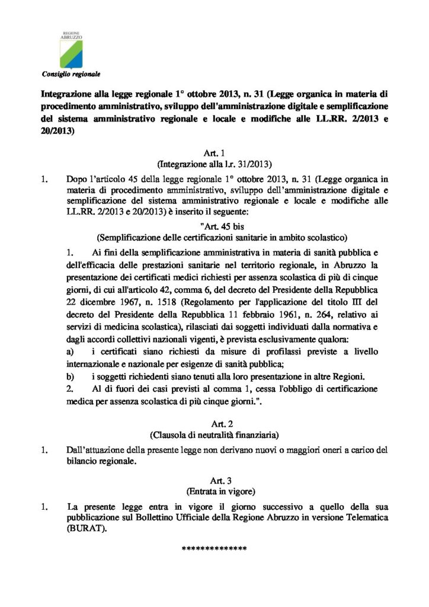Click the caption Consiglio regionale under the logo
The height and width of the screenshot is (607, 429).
tap(71, 74)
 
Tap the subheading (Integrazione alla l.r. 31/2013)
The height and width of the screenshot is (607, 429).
tap(214, 163)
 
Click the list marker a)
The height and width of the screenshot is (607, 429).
tap(71, 353)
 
